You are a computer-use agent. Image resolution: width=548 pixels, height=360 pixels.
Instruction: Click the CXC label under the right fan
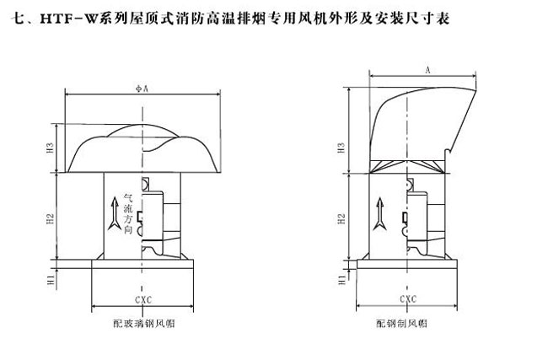[x=406, y=298]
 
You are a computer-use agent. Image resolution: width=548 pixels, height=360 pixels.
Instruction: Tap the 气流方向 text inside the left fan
[x=127, y=211]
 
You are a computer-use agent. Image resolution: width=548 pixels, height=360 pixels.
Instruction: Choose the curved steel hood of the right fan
[x=422, y=118]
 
